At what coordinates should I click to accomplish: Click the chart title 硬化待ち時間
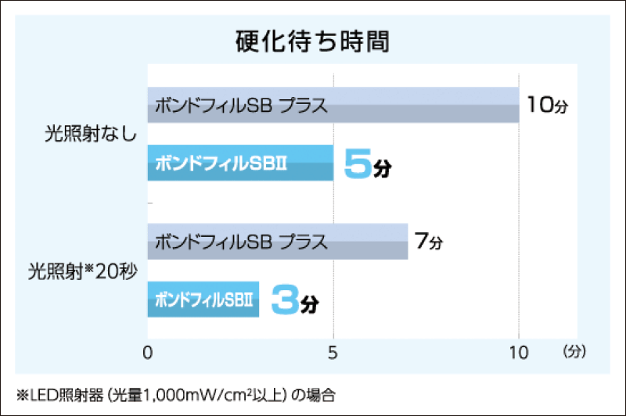tap(312, 41)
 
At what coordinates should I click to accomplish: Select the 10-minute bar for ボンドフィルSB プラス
tap(423, 105)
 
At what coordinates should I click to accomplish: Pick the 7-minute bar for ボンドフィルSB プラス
tap(368, 242)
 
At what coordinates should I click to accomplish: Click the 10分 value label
tap(545, 105)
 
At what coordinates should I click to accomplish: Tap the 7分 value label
tap(429, 242)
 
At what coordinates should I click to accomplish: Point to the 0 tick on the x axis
tap(148, 352)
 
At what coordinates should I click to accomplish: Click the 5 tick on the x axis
tap(333, 352)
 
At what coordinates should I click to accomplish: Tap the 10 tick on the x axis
tap(518, 352)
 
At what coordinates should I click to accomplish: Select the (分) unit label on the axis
tap(573, 352)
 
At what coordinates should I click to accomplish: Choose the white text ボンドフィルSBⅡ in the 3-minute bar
tap(204, 299)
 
